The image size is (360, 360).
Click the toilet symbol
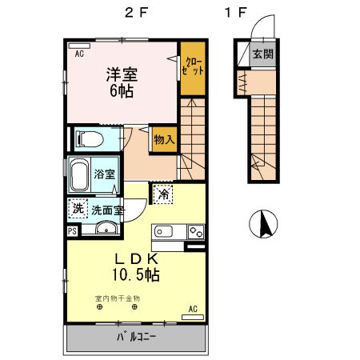pos(90,139)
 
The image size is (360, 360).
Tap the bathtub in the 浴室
pos(79,174)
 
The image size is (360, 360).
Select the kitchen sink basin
pos(163,231)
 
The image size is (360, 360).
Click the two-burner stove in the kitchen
pos(196,231)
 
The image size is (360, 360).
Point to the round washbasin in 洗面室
pos(106,228)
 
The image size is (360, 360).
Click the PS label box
pos(72,231)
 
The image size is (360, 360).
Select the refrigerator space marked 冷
pos(163,194)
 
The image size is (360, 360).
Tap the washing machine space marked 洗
pos(78,209)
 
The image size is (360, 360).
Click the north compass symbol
pos(263,224)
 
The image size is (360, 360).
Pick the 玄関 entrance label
pos(263,54)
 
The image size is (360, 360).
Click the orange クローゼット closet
pos(193,68)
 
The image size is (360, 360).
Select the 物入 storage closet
pos(164,139)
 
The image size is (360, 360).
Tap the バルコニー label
pos(136,338)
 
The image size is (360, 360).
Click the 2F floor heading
pos(136,13)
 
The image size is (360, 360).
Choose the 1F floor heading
pos(235,13)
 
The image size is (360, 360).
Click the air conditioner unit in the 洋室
pos(79,46)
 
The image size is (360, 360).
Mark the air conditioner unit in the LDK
pos(193,317)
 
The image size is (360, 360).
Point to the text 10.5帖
pos(136,274)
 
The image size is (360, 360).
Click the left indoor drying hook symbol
pos(99,307)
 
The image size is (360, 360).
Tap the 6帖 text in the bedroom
pos(122,91)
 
